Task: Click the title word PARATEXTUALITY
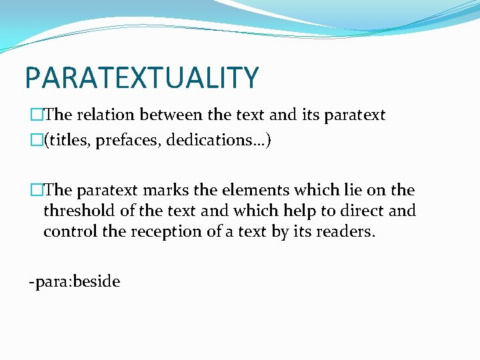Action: tap(141, 77)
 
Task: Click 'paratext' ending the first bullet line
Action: tap(354, 115)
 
